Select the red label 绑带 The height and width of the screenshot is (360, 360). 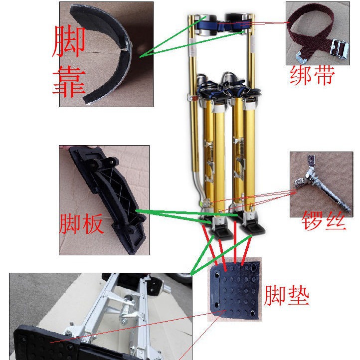click(312, 76)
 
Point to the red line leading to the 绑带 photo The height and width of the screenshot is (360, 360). click(269, 23)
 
